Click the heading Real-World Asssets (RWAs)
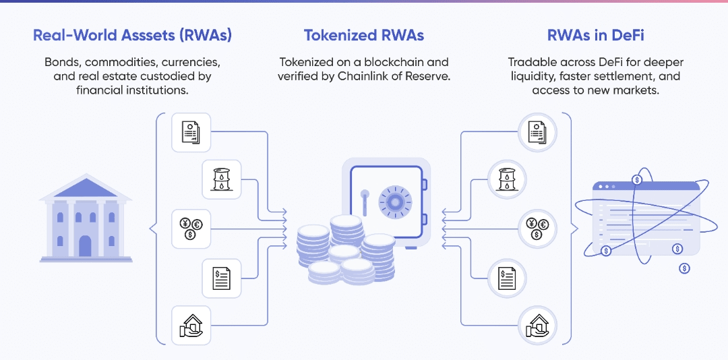click(x=132, y=36)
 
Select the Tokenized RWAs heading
click(x=364, y=35)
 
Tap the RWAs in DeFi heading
click(x=596, y=35)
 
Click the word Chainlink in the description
click(x=386, y=76)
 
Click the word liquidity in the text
click(x=529, y=76)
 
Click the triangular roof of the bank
click(x=86, y=186)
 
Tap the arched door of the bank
click(x=86, y=245)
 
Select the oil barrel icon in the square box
click(x=222, y=179)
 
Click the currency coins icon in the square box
click(x=191, y=229)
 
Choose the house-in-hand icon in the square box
click(x=191, y=325)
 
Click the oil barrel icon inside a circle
click(x=506, y=179)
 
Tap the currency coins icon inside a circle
click(x=537, y=229)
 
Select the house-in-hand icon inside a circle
click(x=537, y=325)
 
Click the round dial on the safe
click(x=395, y=202)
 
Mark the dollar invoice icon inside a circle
click(x=506, y=278)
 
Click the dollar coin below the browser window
click(x=684, y=268)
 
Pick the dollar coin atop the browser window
click(x=637, y=179)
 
